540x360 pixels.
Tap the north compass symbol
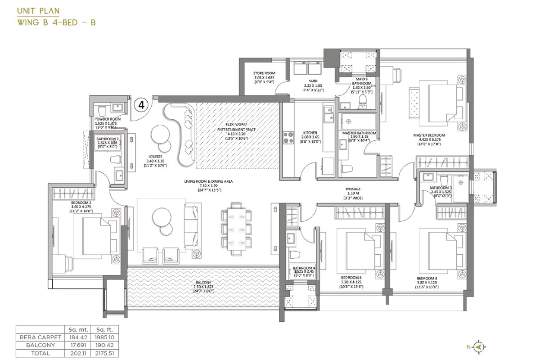point(479,346)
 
